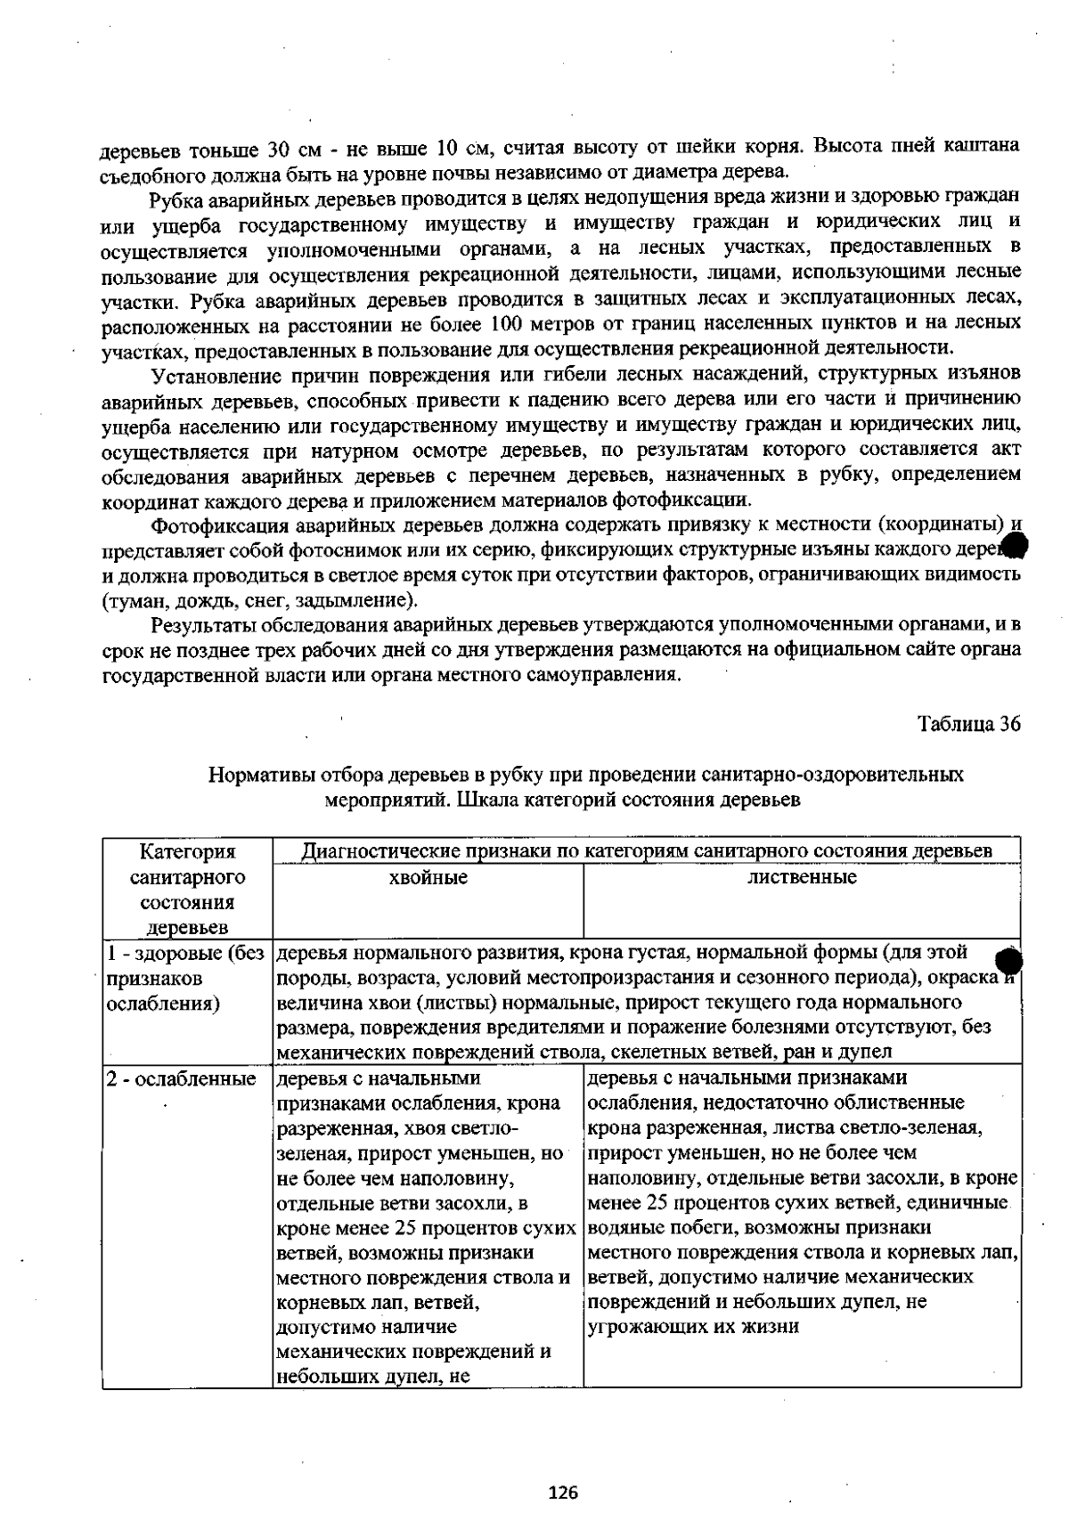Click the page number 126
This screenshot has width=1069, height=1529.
(x=563, y=1491)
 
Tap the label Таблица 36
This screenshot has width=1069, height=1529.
(x=969, y=723)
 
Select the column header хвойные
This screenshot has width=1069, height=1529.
(x=428, y=878)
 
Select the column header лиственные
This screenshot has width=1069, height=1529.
(x=802, y=877)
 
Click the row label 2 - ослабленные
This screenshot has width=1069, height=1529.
(x=181, y=1079)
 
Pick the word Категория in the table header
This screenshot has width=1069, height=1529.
(x=188, y=852)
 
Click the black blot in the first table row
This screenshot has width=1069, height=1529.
(x=1008, y=964)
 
